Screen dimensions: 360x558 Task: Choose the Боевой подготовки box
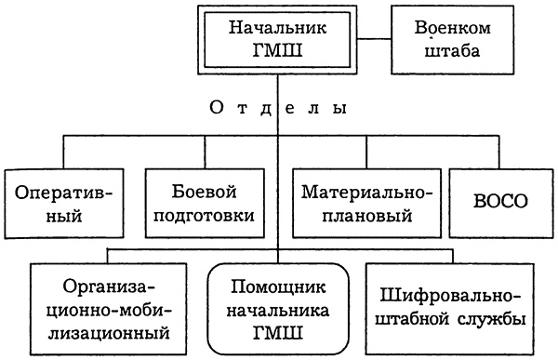pos(199,203)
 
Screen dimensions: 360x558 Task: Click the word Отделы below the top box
pos(278,108)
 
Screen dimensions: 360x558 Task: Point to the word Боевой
pos(199,191)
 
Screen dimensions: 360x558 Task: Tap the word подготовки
pos(199,215)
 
